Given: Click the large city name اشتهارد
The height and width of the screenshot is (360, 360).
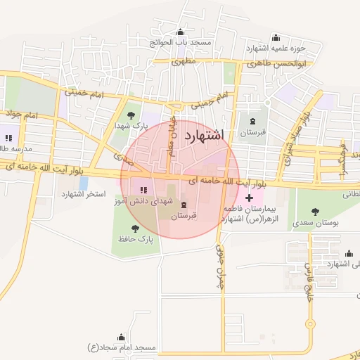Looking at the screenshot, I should [x=202, y=136].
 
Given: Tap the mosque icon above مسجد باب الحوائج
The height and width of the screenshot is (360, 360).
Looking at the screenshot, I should [x=181, y=32].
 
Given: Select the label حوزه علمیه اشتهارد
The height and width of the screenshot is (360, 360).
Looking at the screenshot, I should [x=275, y=48].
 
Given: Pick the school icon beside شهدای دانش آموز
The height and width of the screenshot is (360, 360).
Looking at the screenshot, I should [x=144, y=189].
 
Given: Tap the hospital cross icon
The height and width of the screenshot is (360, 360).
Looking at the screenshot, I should [x=250, y=199].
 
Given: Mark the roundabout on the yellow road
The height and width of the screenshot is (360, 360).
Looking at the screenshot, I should [x=309, y=325].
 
